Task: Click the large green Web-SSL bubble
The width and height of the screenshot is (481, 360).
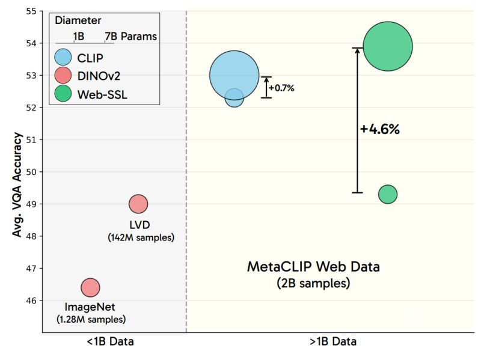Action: pos(388,46)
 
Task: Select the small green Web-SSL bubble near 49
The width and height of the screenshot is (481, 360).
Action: pos(388,194)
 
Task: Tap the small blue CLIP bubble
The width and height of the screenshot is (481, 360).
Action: pos(234,97)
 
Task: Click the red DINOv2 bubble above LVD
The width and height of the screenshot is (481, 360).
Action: pos(138,204)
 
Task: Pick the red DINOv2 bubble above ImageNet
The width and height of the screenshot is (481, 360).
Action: pos(90,287)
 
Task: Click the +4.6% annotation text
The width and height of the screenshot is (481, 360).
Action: pos(380,129)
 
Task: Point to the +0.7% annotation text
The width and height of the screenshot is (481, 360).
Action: pos(281,88)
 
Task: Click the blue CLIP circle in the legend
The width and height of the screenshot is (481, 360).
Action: pos(63,58)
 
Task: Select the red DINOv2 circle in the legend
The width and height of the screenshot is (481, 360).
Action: pos(63,76)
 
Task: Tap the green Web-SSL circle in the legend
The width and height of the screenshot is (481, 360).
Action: pos(63,94)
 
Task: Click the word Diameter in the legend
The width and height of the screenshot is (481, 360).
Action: pos(78,20)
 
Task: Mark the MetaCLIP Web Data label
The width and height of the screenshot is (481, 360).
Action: pos(314,267)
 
